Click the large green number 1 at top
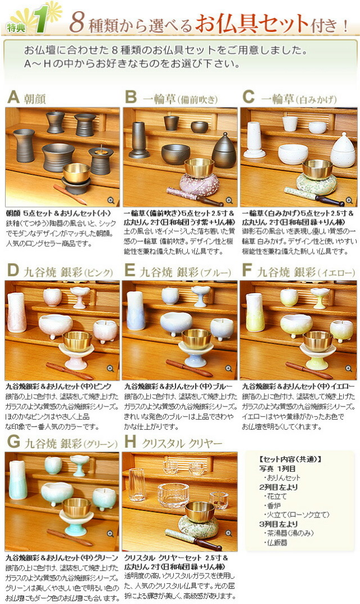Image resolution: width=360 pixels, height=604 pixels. tap(39, 19)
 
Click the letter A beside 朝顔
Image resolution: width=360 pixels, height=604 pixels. tap(13, 98)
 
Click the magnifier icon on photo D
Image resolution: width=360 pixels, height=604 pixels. tap(111, 368)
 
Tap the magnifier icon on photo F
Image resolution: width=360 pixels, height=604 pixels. tap(348, 368)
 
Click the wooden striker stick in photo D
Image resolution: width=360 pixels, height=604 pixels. tap(70, 371)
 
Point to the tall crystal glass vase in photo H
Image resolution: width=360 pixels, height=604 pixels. tap(137, 484)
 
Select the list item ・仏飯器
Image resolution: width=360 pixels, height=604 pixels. tap(276, 542)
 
